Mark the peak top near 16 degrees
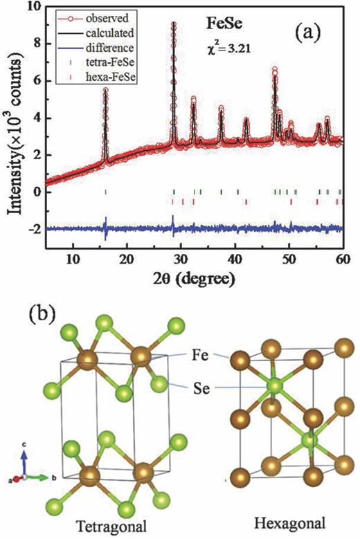click(105, 90)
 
